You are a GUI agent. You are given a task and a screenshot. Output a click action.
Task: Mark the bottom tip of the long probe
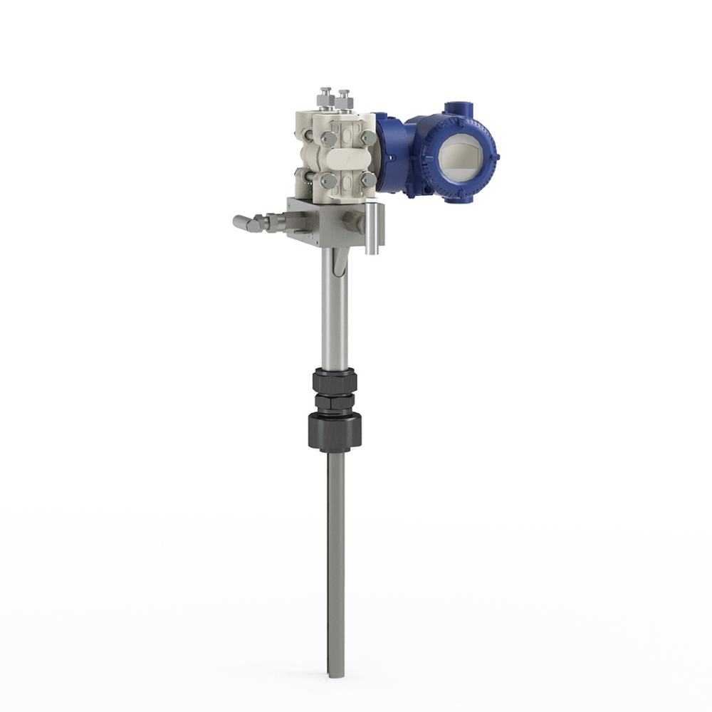pyautogui.click(x=336, y=673)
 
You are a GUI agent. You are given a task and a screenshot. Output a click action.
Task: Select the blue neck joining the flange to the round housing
pyautogui.click(x=388, y=153)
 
